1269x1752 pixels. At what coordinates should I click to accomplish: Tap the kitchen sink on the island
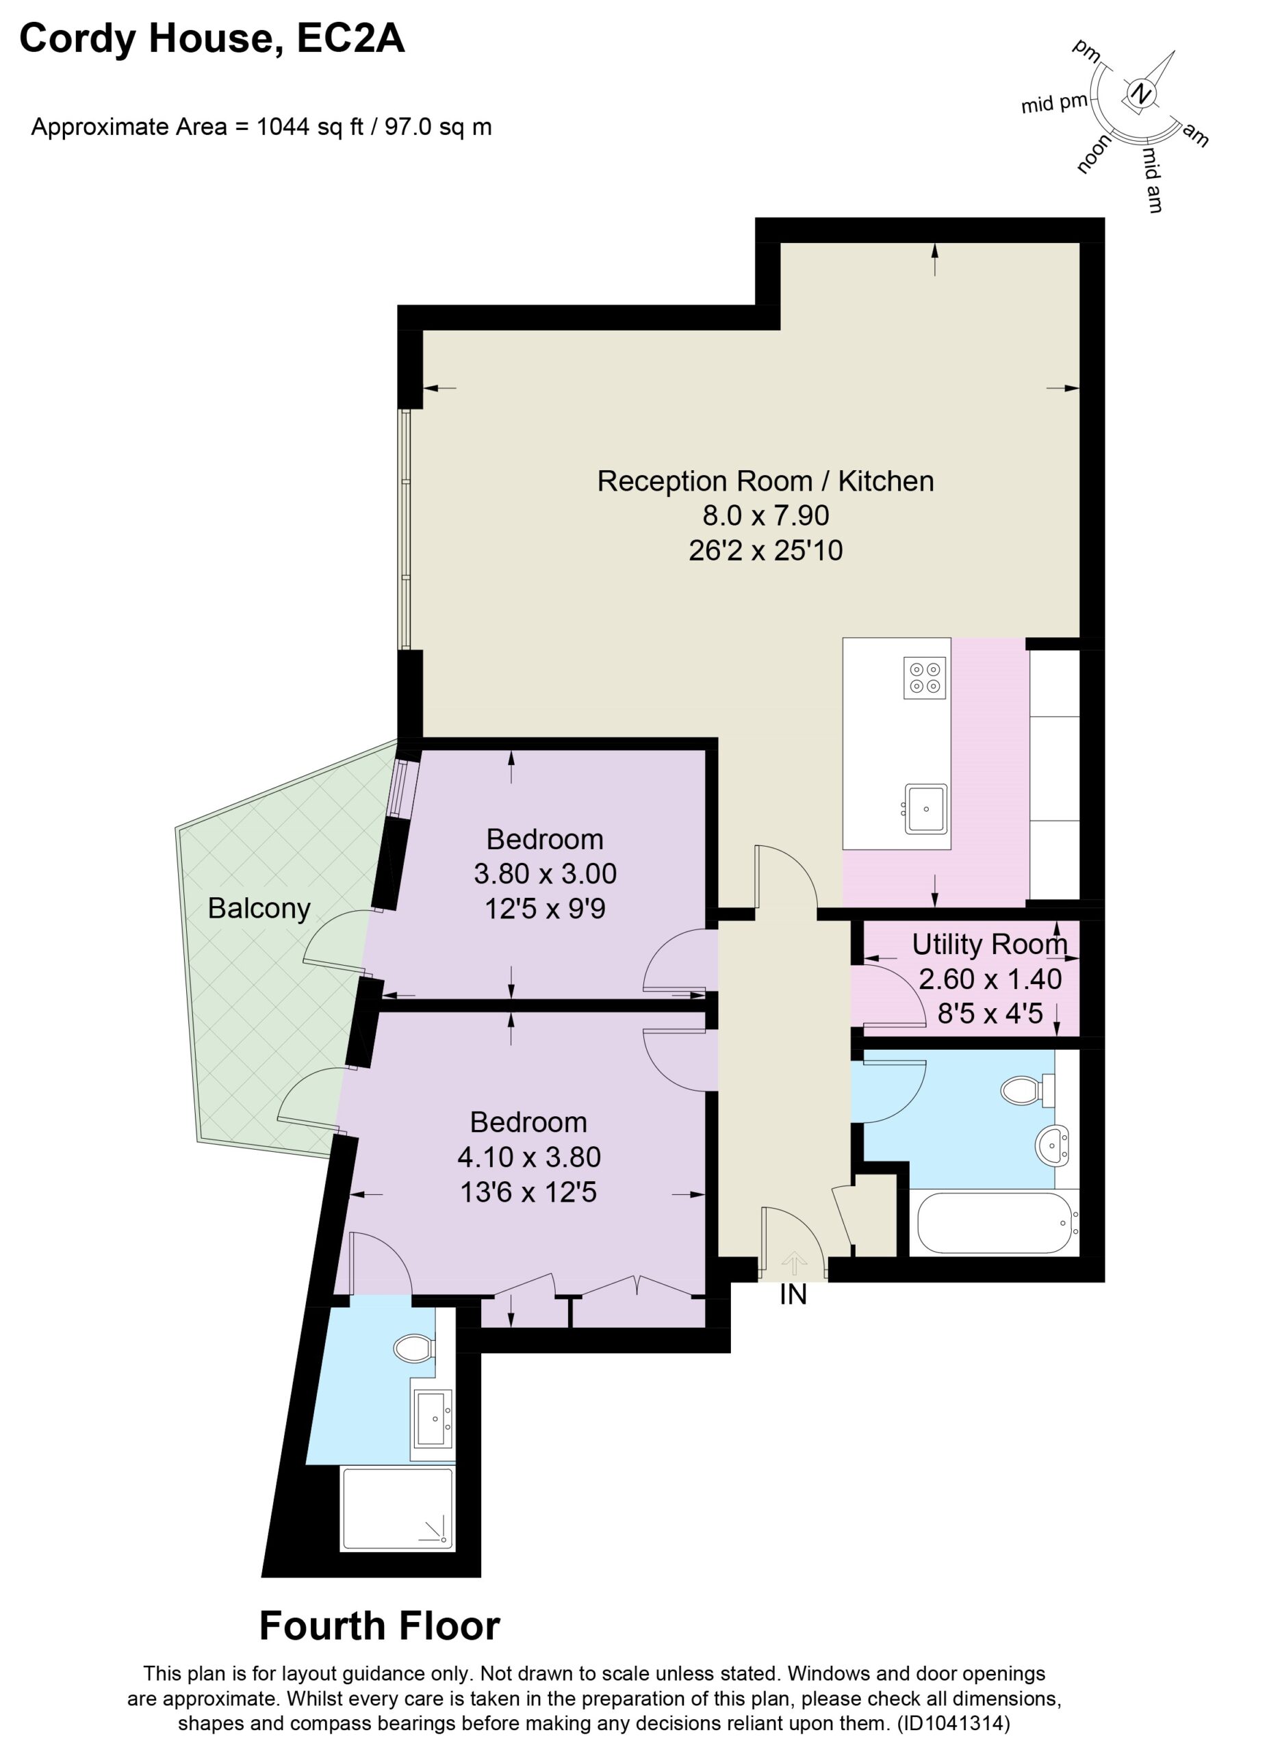coord(925,808)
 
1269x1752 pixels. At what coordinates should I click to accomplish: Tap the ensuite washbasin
coord(433,1419)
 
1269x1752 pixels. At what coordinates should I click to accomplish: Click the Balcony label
coord(259,908)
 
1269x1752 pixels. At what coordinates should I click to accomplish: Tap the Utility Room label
coord(990,944)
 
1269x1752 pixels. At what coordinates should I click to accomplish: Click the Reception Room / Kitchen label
coord(765,481)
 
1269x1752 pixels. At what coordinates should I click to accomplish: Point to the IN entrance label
coord(793,1295)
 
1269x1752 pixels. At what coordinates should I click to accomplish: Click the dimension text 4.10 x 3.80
coord(529,1157)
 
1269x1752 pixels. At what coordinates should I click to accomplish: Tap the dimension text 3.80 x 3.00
coord(546,874)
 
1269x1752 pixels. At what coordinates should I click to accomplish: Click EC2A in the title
coord(350,38)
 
